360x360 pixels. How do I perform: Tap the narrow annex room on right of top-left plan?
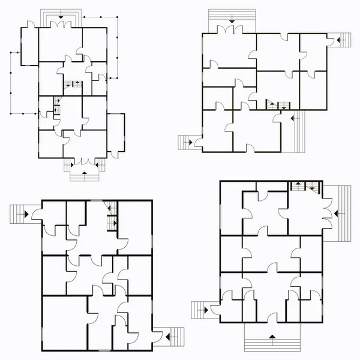tap(116, 133)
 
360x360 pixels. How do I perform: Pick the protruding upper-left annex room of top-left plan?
tap(29, 45)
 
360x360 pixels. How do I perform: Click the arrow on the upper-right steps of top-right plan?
tap(339, 39)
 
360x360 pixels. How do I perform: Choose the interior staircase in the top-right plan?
tap(277, 105)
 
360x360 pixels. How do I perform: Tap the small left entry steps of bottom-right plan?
tap(200, 310)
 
